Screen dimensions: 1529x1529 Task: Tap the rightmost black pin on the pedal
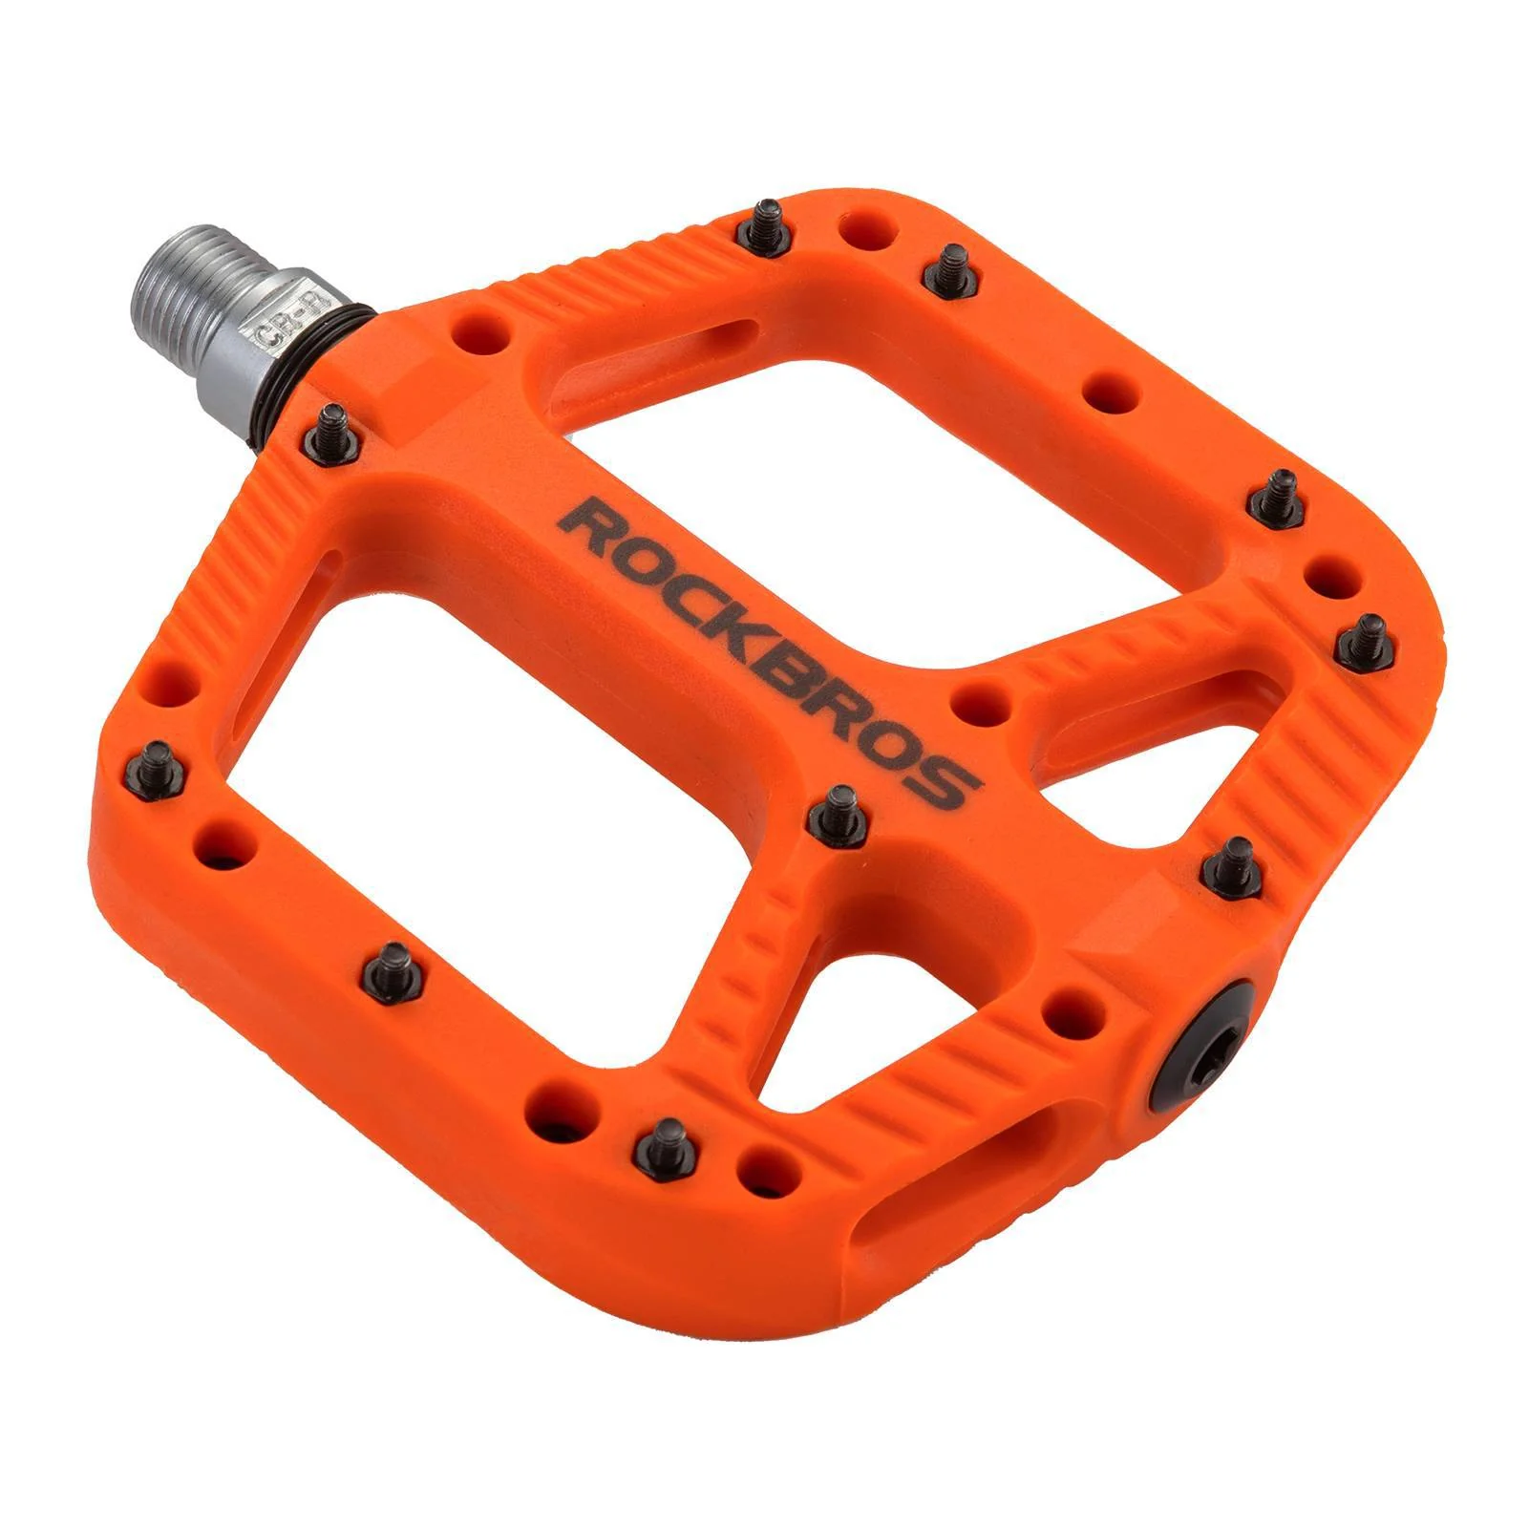click(1365, 640)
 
